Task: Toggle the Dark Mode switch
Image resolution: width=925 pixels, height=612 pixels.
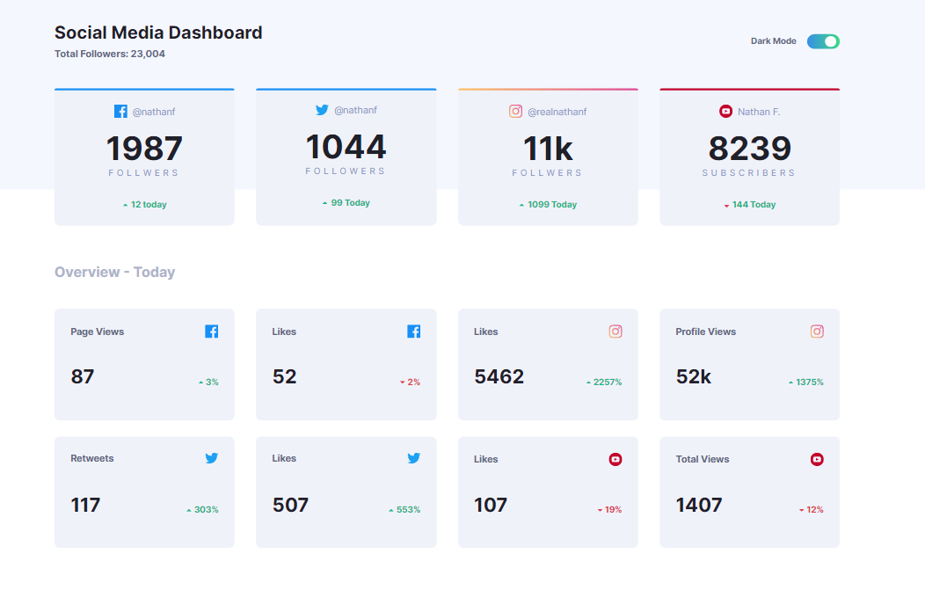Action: (x=823, y=41)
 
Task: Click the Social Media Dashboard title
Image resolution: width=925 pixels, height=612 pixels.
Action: (x=158, y=33)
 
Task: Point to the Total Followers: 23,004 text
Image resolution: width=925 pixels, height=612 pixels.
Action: (x=110, y=54)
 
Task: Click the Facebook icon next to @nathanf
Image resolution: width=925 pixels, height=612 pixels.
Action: (x=121, y=112)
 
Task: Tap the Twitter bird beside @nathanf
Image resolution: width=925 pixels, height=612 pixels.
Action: (x=322, y=110)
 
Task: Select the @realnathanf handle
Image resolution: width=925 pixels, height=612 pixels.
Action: (x=557, y=112)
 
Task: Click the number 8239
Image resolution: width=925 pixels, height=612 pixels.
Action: (x=749, y=148)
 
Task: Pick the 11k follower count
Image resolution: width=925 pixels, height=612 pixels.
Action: (x=548, y=148)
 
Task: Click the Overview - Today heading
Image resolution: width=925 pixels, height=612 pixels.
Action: (x=114, y=272)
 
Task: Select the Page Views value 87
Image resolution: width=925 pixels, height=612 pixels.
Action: (x=83, y=376)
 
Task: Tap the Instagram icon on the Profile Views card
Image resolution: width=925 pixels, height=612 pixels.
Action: (x=817, y=331)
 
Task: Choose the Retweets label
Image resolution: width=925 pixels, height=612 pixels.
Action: (x=92, y=458)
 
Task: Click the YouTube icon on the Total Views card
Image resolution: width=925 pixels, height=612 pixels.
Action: (x=817, y=459)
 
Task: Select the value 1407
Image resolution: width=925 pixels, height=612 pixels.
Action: (x=699, y=505)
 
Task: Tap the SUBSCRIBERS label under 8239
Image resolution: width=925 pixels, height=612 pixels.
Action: (x=749, y=173)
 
